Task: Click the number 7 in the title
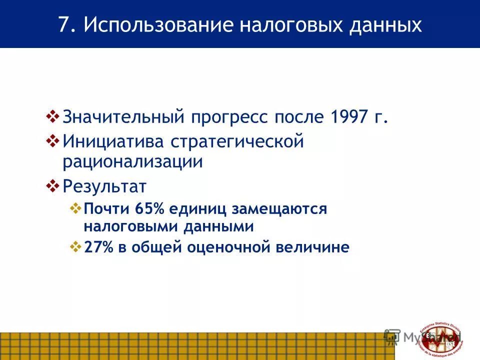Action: [63, 25]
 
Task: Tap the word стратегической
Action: [238, 141]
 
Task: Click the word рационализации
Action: [132, 161]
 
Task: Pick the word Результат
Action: [104, 186]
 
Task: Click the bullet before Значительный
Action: [52, 116]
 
